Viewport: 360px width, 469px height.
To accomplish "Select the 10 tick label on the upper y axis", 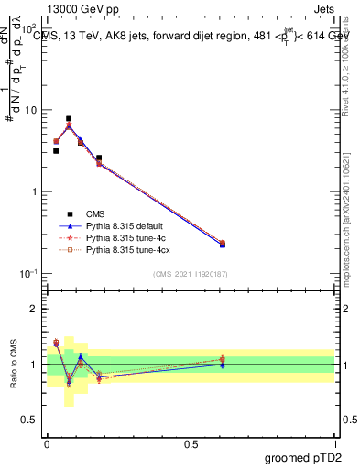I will pyautogui.click(x=31, y=111).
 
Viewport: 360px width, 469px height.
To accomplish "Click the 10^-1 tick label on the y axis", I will pyautogui.click(x=29, y=274).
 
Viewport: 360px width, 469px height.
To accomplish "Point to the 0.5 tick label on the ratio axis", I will pyautogui.click(x=31, y=420).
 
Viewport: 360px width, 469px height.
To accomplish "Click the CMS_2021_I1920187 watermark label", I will pyautogui.click(x=191, y=274).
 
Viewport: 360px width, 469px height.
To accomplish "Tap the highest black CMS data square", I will pyautogui.click(x=69, y=119).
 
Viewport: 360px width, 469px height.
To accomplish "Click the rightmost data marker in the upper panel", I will pyautogui.click(x=223, y=244).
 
